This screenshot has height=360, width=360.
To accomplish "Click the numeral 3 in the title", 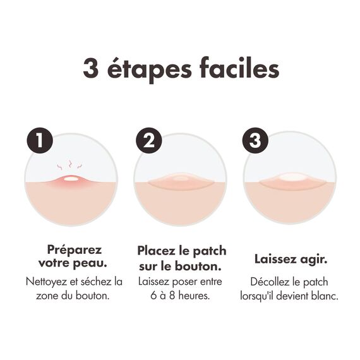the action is click(91, 68).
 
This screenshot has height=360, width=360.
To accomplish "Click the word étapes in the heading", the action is click(149, 69).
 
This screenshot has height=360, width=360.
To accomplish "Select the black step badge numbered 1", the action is click(40, 140).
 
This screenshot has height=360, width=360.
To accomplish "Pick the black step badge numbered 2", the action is click(148, 140).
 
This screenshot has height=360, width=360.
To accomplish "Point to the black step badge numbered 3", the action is click(255, 140).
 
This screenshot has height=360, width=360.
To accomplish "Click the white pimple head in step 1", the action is click(71, 178).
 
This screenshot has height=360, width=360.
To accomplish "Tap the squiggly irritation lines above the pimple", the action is click(69, 165).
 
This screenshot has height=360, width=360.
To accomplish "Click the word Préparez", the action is click(74, 250).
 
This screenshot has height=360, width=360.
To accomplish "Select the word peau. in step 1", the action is click(90, 263).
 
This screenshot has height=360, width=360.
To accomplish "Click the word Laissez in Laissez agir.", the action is click(275, 260).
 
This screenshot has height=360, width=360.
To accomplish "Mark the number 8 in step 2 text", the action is click(172, 296).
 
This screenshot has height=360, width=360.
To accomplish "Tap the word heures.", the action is click(195, 296).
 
